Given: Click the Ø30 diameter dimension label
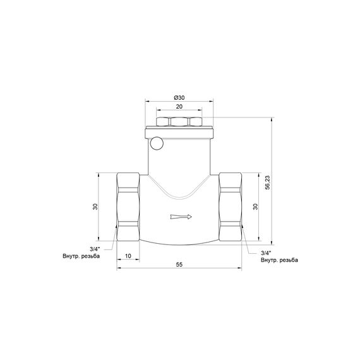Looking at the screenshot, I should point(179,98).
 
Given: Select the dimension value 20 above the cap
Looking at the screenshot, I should point(179,107).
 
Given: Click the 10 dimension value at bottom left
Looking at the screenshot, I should point(128,257).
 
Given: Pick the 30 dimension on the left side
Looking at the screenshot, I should point(95,207).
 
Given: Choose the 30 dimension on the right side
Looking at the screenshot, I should point(256,207).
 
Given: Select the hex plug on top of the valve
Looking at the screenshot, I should point(179,121).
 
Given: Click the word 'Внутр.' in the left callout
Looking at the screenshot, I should point(71,256).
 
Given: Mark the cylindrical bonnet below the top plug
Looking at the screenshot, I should point(179,152).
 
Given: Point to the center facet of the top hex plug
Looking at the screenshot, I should point(179,121).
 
